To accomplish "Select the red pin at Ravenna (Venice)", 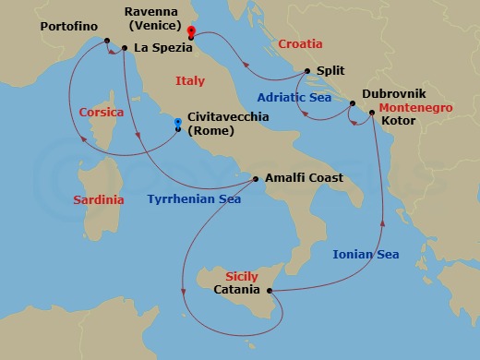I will pos(190,30).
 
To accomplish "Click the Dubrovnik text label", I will pos(394,93).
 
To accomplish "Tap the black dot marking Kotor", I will pos(371,114).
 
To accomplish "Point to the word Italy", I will pos(189,82).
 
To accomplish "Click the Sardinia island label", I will pos(99,198).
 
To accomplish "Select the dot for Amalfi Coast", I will pos(256,178).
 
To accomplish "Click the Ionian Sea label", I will pos(366,254).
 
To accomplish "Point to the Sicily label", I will pos(244,276).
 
